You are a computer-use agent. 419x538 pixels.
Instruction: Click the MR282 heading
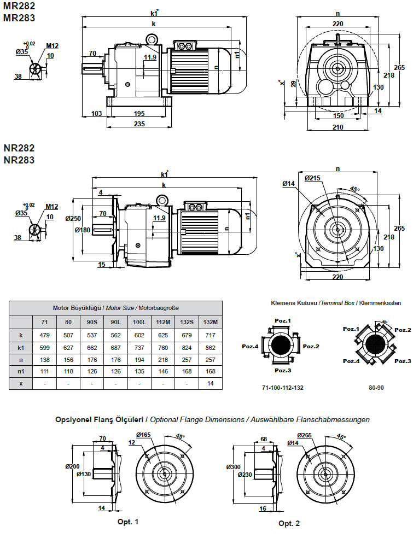click(19, 7)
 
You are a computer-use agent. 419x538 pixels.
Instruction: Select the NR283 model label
click(19, 160)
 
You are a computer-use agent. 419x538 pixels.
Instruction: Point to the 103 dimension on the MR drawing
click(96, 114)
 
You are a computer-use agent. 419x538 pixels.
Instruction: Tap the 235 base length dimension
click(139, 125)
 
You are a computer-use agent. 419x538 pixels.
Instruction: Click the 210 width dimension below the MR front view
click(337, 127)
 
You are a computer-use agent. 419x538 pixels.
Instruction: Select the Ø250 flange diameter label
click(73, 218)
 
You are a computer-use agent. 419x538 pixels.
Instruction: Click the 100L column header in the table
click(139, 321)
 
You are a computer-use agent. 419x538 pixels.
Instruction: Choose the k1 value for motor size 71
click(45, 348)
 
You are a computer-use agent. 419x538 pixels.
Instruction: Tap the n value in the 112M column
click(163, 360)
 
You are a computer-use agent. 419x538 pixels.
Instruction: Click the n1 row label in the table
click(20, 372)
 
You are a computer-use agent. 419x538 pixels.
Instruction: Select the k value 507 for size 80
click(68, 335)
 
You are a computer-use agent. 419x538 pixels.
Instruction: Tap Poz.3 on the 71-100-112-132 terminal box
click(283, 370)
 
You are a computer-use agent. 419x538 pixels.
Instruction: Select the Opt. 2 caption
click(289, 523)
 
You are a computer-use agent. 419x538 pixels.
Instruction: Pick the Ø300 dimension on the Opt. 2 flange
click(234, 467)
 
